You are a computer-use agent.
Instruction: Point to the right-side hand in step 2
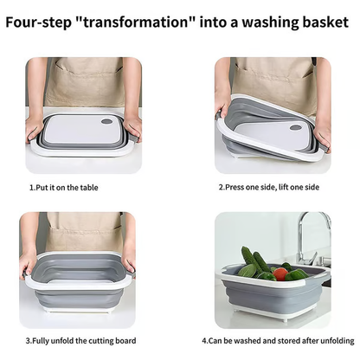point(321,132)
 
